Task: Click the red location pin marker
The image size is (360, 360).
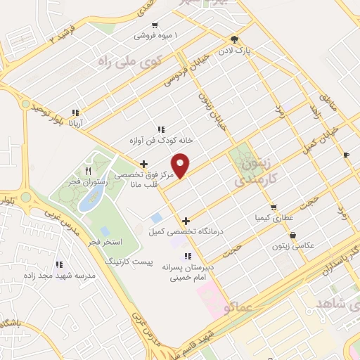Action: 181,165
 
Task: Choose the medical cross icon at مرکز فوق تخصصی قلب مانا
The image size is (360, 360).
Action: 144,164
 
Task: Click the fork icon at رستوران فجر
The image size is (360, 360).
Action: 88,171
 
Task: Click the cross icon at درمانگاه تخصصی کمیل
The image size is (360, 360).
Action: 186,221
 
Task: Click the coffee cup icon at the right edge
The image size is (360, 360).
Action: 346,155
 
